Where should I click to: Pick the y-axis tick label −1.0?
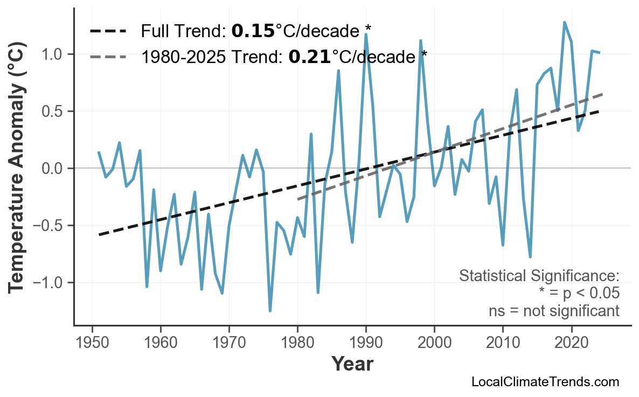tap(49, 283)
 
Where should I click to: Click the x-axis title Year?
tap(352, 364)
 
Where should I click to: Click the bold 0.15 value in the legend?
tap(253, 31)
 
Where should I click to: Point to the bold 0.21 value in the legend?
tap(310, 56)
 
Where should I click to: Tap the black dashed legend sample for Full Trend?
tap(108, 31)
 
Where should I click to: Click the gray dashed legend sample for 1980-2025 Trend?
tap(108, 56)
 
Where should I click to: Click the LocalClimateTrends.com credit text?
tap(545, 382)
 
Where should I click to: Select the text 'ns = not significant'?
tap(553, 311)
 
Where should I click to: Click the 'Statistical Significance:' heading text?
tap(539, 276)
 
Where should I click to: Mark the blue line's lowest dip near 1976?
tap(270, 311)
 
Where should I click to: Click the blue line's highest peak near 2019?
tap(564, 23)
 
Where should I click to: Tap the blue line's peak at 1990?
tap(366, 34)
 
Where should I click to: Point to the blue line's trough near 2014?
tap(530, 257)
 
